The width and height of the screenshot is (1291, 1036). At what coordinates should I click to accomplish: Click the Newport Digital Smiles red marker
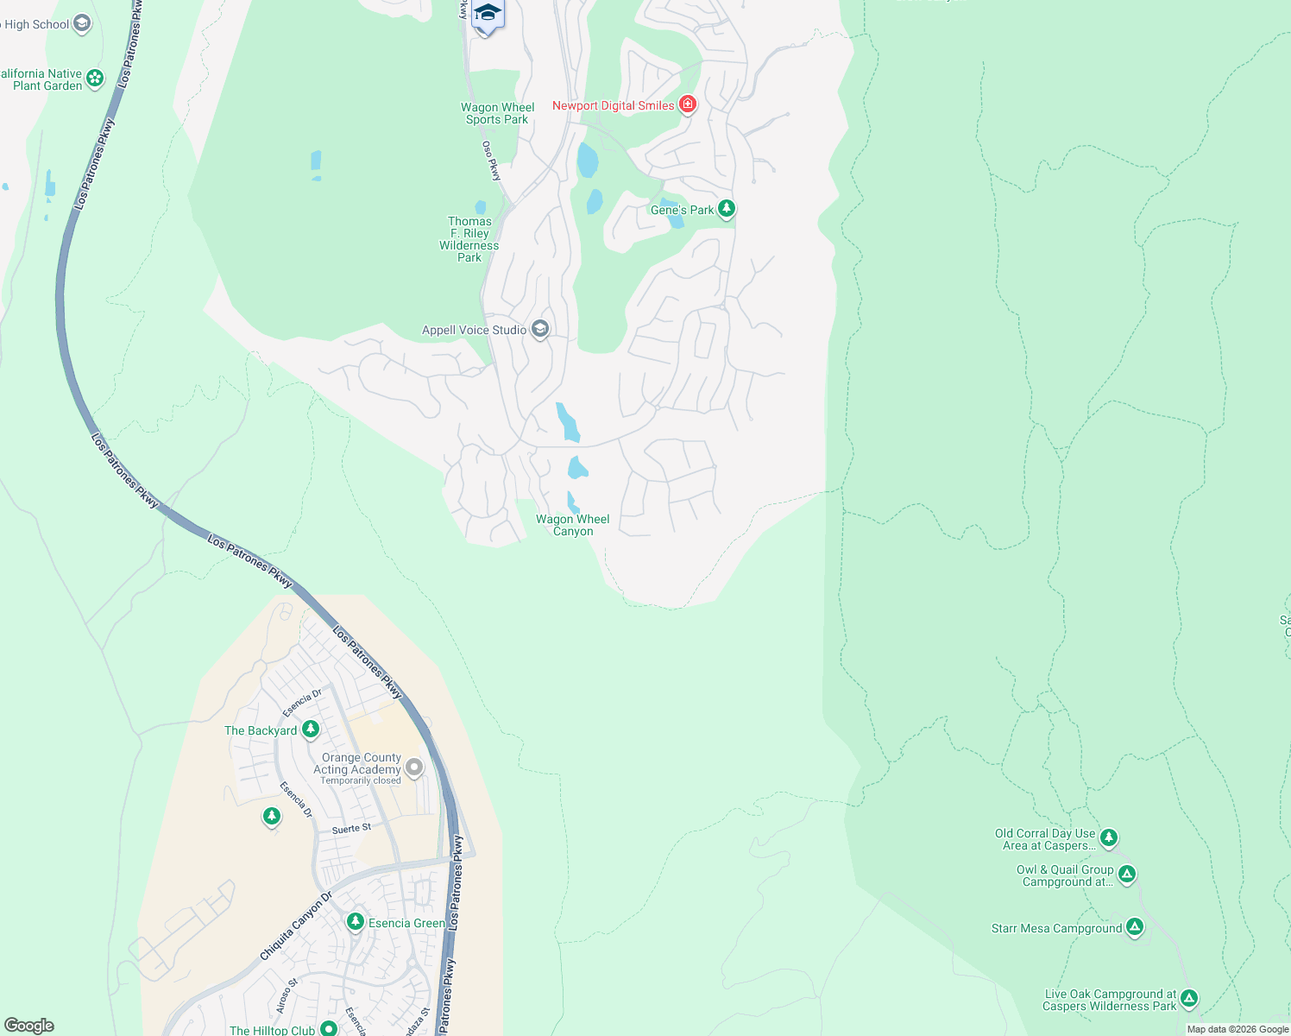click(688, 104)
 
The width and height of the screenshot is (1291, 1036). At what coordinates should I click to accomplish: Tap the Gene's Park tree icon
click(727, 209)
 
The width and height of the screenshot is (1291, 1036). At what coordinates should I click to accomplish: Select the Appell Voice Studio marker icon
click(540, 329)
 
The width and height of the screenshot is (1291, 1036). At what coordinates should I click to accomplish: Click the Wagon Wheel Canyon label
click(572, 525)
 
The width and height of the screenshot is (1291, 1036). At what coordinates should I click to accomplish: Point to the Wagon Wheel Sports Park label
click(497, 113)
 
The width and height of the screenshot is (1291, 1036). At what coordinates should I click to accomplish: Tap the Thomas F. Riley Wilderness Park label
click(469, 239)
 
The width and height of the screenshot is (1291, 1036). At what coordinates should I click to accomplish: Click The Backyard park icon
click(311, 730)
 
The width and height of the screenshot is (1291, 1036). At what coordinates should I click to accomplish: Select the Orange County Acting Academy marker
click(414, 767)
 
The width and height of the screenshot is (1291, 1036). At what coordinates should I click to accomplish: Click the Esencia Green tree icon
click(355, 922)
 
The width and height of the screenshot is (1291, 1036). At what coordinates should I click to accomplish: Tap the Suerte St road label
click(351, 829)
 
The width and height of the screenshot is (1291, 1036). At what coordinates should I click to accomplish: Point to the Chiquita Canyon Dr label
click(296, 927)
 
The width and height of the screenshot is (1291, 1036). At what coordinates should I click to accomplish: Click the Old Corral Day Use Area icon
click(1109, 837)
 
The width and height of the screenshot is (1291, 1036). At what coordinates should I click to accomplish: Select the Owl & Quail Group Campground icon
click(1126, 875)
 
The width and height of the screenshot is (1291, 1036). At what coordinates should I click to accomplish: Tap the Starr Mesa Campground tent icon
click(1135, 927)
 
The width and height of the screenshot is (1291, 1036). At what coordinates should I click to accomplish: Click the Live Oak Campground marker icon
click(1189, 999)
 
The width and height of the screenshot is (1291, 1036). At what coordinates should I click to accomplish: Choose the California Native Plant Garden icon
click(95, 79)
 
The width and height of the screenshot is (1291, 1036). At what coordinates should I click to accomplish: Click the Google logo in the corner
click(29, 1025)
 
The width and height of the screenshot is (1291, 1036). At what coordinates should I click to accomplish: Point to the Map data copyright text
click(1237, 1029)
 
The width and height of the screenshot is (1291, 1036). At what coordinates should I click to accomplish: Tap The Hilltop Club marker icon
click(328, 1028)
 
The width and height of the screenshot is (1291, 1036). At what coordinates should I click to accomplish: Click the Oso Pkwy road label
click(491, 161)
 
